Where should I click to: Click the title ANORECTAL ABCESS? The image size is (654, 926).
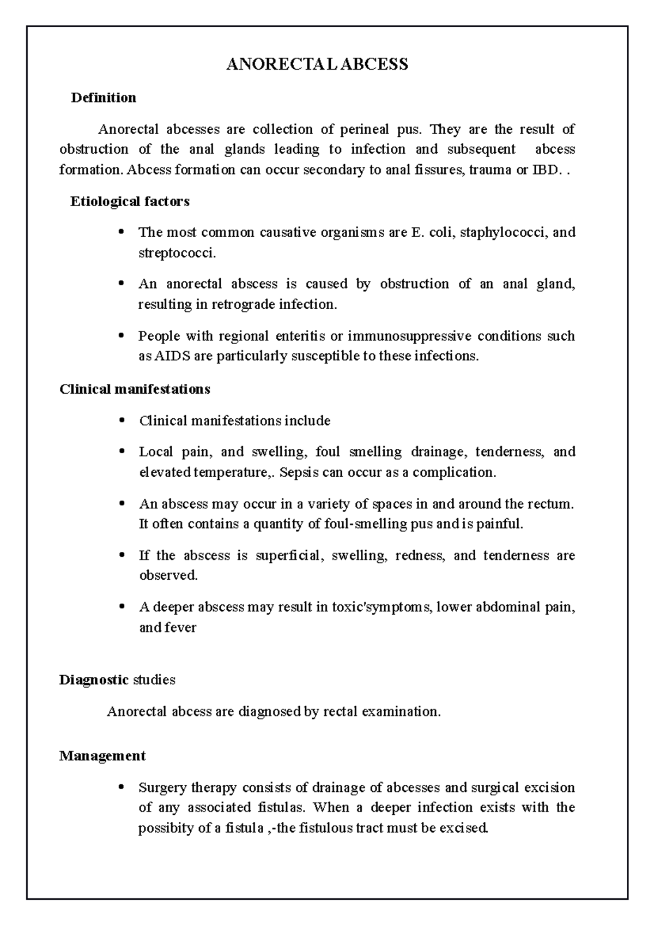[317, 64]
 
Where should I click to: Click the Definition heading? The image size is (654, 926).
[103, 98]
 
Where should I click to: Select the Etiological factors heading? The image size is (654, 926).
[130, 202]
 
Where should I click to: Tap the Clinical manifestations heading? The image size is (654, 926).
[135, 389]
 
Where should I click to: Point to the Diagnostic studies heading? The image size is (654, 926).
[117, 680]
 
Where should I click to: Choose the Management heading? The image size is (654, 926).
[102, 756]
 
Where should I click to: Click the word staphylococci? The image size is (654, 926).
[504, 233]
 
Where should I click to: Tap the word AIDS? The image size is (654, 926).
[170, 357]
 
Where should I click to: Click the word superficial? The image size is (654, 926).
[289, 556]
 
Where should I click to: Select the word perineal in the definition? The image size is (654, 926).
[364, 130]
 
